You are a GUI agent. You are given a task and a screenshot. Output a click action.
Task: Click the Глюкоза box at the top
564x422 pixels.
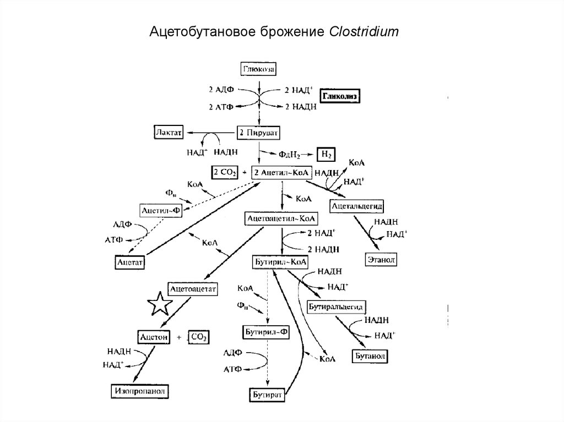click(259, 69)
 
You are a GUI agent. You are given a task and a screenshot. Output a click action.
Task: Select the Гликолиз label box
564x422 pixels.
click(340, 96)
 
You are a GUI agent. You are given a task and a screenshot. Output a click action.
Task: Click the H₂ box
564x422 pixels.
click(325, 154)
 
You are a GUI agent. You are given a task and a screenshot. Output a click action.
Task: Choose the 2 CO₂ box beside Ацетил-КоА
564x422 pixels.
click(225, 172)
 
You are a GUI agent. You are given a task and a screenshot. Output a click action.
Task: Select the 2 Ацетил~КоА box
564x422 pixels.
click(280, 172)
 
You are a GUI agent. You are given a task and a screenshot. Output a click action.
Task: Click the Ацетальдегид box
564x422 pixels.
click(357, 206)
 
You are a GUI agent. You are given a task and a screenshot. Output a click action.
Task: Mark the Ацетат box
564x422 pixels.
click(129, 262)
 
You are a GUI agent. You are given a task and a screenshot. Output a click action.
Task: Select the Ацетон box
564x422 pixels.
click(154, 336)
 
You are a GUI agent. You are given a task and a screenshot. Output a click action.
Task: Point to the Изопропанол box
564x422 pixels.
click(140, 391)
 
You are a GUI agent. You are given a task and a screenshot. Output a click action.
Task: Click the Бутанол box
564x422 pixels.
click(370, 356)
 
